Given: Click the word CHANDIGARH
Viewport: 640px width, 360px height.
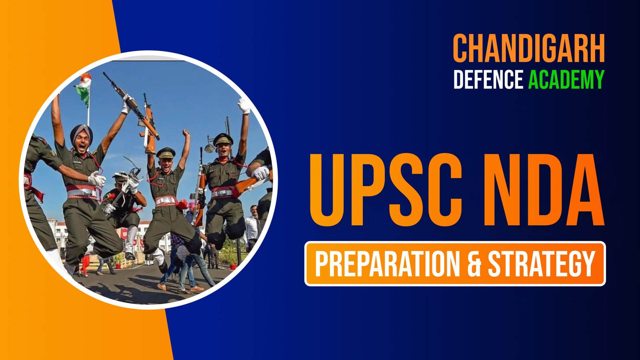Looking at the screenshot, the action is [x=529, y=48].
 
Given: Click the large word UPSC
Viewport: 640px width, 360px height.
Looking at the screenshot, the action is [x=386, y=190].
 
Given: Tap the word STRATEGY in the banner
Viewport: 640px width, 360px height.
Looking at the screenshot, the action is [x=542, y=264].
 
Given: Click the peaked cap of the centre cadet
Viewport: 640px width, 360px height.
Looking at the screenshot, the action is [x=166, y=153].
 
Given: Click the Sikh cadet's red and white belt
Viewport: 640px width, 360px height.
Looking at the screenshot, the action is [x=83, y=192].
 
